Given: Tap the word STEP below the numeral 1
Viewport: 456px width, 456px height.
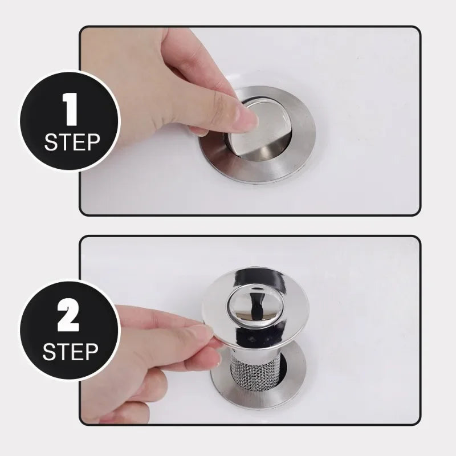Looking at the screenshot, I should [x=72, y=141].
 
